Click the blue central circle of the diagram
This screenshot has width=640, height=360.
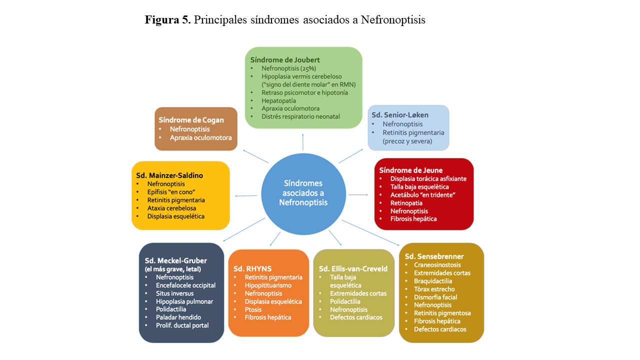tap(303, 194)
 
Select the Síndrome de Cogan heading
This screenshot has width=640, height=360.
tap(191, 120)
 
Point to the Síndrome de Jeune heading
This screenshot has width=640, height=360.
tap(410, 170)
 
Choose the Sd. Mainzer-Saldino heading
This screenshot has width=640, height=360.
tap(169, 175)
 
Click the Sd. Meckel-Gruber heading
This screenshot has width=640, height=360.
tap(175, 260)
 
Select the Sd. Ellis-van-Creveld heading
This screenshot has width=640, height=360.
tap(353, 268)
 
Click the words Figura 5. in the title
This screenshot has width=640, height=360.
tap(167, 20)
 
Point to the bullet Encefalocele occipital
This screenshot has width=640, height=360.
tap(185, 285)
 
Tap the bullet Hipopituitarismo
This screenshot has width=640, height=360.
tap(268, 285)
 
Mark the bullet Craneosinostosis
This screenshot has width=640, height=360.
tap(437, 265)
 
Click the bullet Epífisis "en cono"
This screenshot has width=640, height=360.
tap(170, 192)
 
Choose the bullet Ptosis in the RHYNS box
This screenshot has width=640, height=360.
tap(253, 309)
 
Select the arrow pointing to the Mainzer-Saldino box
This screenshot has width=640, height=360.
tap(247, 195)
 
